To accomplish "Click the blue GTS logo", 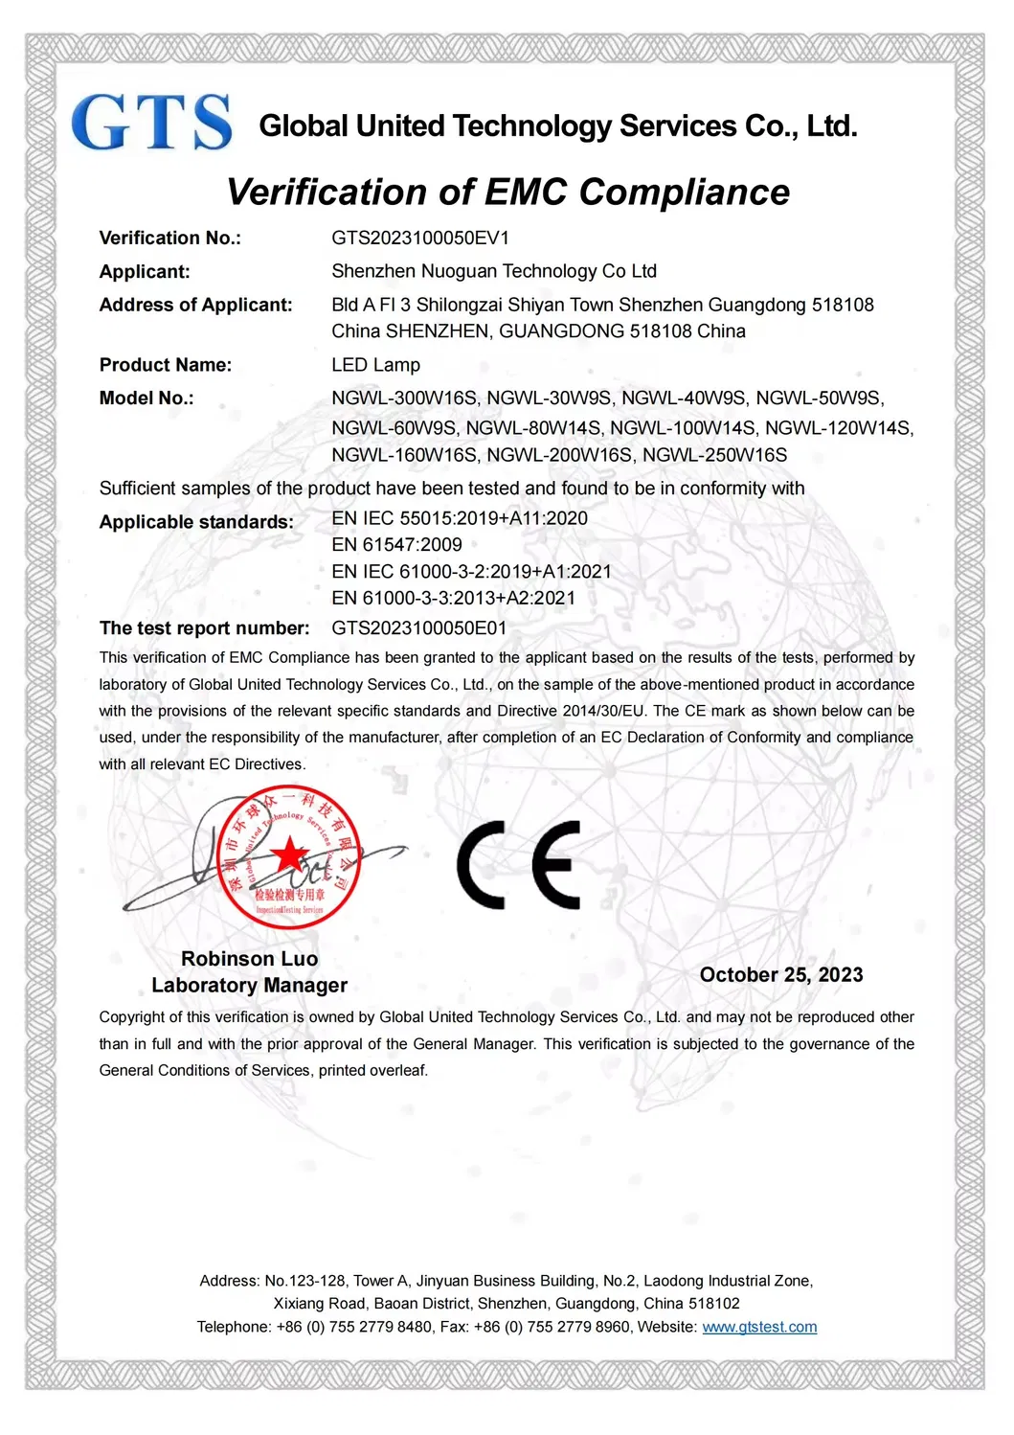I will pos(151,123).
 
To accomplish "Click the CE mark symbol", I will pos(519,864).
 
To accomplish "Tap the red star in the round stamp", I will pos(288,854).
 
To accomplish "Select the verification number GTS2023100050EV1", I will pos(420,239).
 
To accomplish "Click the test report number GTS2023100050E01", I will pos(419,628).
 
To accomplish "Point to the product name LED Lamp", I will pos(375,365).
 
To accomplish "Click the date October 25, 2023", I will pos(781,975).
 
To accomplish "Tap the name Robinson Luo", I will pos(249,959).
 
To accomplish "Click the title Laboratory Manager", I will pos(249,986).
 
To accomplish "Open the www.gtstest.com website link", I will pos(759,1328).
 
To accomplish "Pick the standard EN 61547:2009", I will pos(396,545).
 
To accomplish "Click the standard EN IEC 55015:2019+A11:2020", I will pos(460,518).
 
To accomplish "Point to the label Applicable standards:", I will pos(196,522).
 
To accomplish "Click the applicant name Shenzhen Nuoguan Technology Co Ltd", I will pos(494,272).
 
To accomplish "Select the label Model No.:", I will pos(146,399).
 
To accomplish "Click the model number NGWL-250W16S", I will pos(714,455).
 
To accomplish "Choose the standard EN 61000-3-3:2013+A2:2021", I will pos(454,599).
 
